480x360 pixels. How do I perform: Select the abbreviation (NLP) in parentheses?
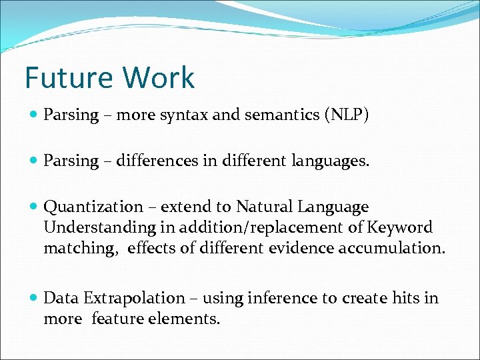[x=346, y=115]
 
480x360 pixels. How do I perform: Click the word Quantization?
[x=93, y=207]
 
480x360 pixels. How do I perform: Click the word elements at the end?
[x=189, y=319]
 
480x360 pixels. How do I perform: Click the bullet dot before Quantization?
[x=33, y=208]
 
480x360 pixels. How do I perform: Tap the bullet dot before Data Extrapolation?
[x=33, y=299]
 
